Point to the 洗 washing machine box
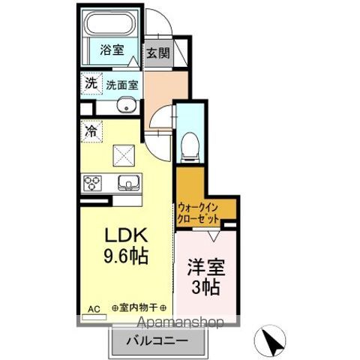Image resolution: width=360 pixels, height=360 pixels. pos(90,84)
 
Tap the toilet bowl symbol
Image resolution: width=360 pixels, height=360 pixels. pos(190,145)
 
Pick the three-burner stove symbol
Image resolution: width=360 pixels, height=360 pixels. pos(94,182)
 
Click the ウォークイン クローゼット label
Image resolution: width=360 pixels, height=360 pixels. pos(199,212)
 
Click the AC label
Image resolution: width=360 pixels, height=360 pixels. pos(94,308)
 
